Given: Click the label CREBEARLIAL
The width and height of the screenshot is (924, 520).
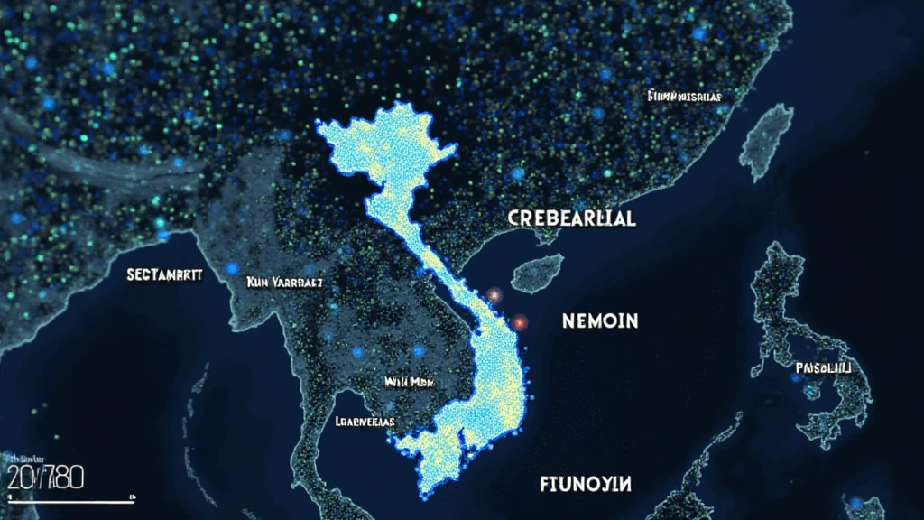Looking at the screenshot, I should tap(572, 218).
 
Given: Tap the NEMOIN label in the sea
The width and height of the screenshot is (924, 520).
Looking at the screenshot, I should tap(600, 320).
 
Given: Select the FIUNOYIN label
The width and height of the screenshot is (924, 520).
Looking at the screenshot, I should tap(587, 484).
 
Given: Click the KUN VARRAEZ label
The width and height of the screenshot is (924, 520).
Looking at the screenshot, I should tap(284, 283).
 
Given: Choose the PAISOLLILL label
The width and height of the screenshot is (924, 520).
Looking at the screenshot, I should tap(823, 367).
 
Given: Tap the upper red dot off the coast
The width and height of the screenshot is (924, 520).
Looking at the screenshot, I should tap(494, 295).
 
